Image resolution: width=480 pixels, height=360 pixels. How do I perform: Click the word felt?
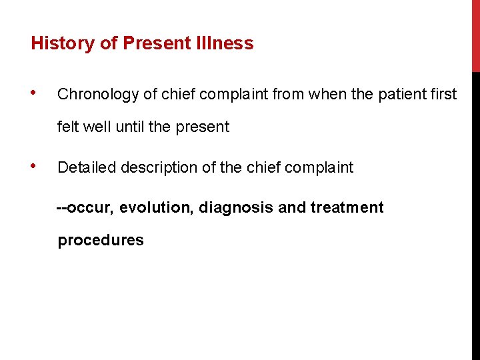67,127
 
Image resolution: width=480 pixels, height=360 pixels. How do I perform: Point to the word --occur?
85,208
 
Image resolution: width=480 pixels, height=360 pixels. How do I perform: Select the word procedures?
101,241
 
